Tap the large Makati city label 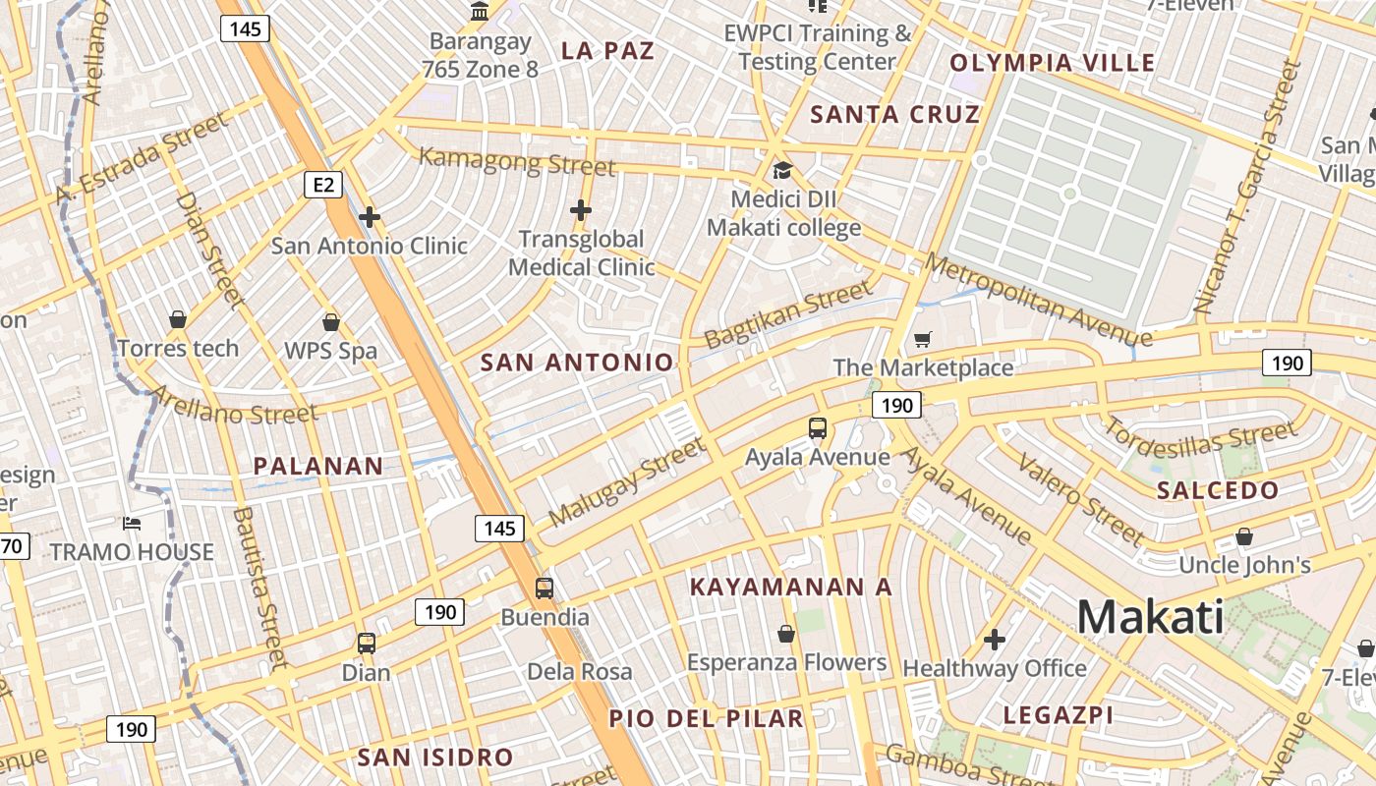(x=1151, y=617)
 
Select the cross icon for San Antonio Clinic (x=370, y=217)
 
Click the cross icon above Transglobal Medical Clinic (x=581, y=209)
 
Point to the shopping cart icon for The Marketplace (x=922, y=340)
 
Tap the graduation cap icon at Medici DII (x=782, y=171)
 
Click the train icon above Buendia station (x=544, y=589)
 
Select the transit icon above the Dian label (x=367, y=644)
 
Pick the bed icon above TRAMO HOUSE (x=132, y=524)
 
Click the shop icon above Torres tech (x=178, y=319)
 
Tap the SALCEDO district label (x=1218, y=490)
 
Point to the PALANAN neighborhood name (x=317, y=466)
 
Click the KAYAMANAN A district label (x=790, y=587)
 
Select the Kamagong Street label (x=517, y=160)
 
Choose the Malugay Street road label (x=626, y=481)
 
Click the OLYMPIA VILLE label (x=1052, y=63)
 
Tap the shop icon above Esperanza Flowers (x=785, y=634)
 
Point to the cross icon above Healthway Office (x=995, y=641)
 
